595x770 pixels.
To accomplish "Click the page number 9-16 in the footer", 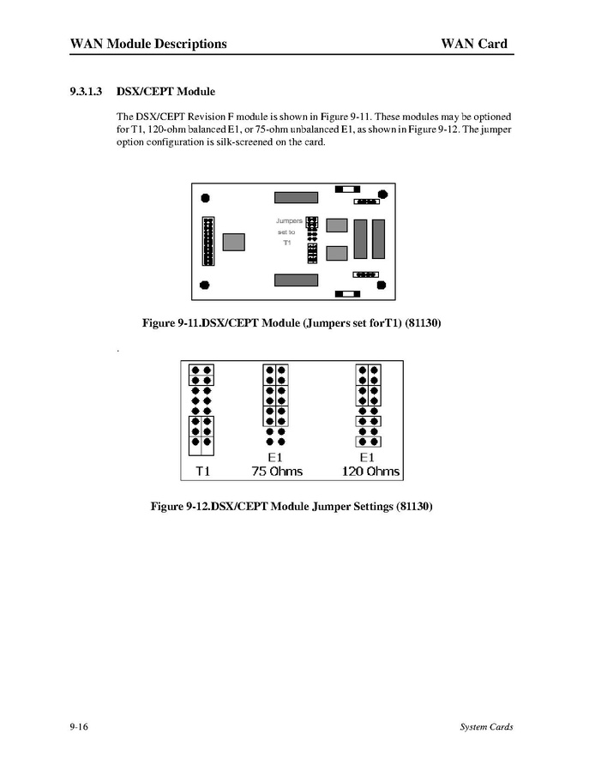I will pos(80,727).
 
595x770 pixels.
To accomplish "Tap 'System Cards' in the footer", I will pos(486,727).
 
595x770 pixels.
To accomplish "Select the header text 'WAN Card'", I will pos(474,44).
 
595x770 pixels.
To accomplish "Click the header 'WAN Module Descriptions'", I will pos(148,44).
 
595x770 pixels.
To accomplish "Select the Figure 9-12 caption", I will pos(291,507).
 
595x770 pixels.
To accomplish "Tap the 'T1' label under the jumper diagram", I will pos(202,471).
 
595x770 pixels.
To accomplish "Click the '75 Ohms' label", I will pos(277,471).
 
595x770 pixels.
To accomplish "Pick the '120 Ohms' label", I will pos(371,471).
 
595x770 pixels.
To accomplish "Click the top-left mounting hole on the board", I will pos(204,199).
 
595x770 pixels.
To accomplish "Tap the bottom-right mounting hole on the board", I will pos(380,286).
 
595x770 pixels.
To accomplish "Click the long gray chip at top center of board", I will pos(296,197).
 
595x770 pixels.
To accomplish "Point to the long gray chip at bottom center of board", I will pos(296,280).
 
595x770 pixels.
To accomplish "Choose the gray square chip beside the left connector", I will pos(234,241).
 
